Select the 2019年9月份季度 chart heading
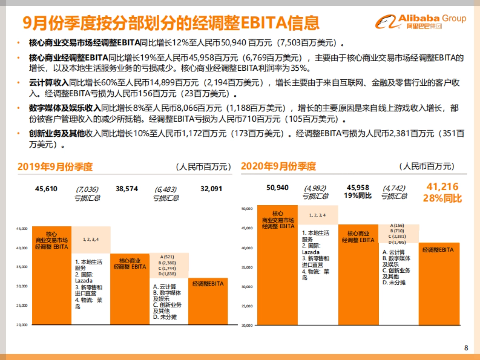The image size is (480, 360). (55, 167)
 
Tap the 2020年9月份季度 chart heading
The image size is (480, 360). (278, 166)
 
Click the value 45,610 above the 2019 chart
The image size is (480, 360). (46, 189)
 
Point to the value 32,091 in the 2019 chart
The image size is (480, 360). (211, 189)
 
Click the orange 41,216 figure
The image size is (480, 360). (442, 187)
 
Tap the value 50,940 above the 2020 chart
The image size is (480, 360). (277, 188)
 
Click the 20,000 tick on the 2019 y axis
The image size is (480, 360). (22, 325)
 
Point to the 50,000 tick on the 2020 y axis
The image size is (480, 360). (247, 208)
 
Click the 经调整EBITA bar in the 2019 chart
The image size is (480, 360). (208, 300)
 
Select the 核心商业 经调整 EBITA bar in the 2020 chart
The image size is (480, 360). (358, 274)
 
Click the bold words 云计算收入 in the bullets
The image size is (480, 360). (49, 83)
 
